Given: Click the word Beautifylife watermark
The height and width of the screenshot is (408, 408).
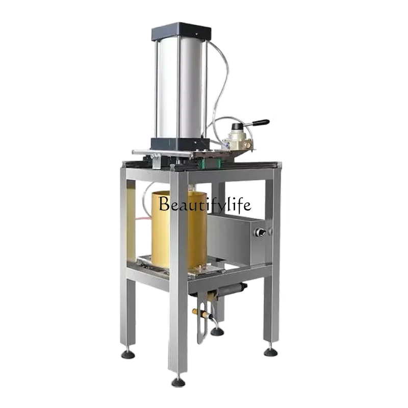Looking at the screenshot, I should click(204, 206).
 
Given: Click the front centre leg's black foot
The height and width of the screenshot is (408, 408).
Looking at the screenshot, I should click(179, 379).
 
